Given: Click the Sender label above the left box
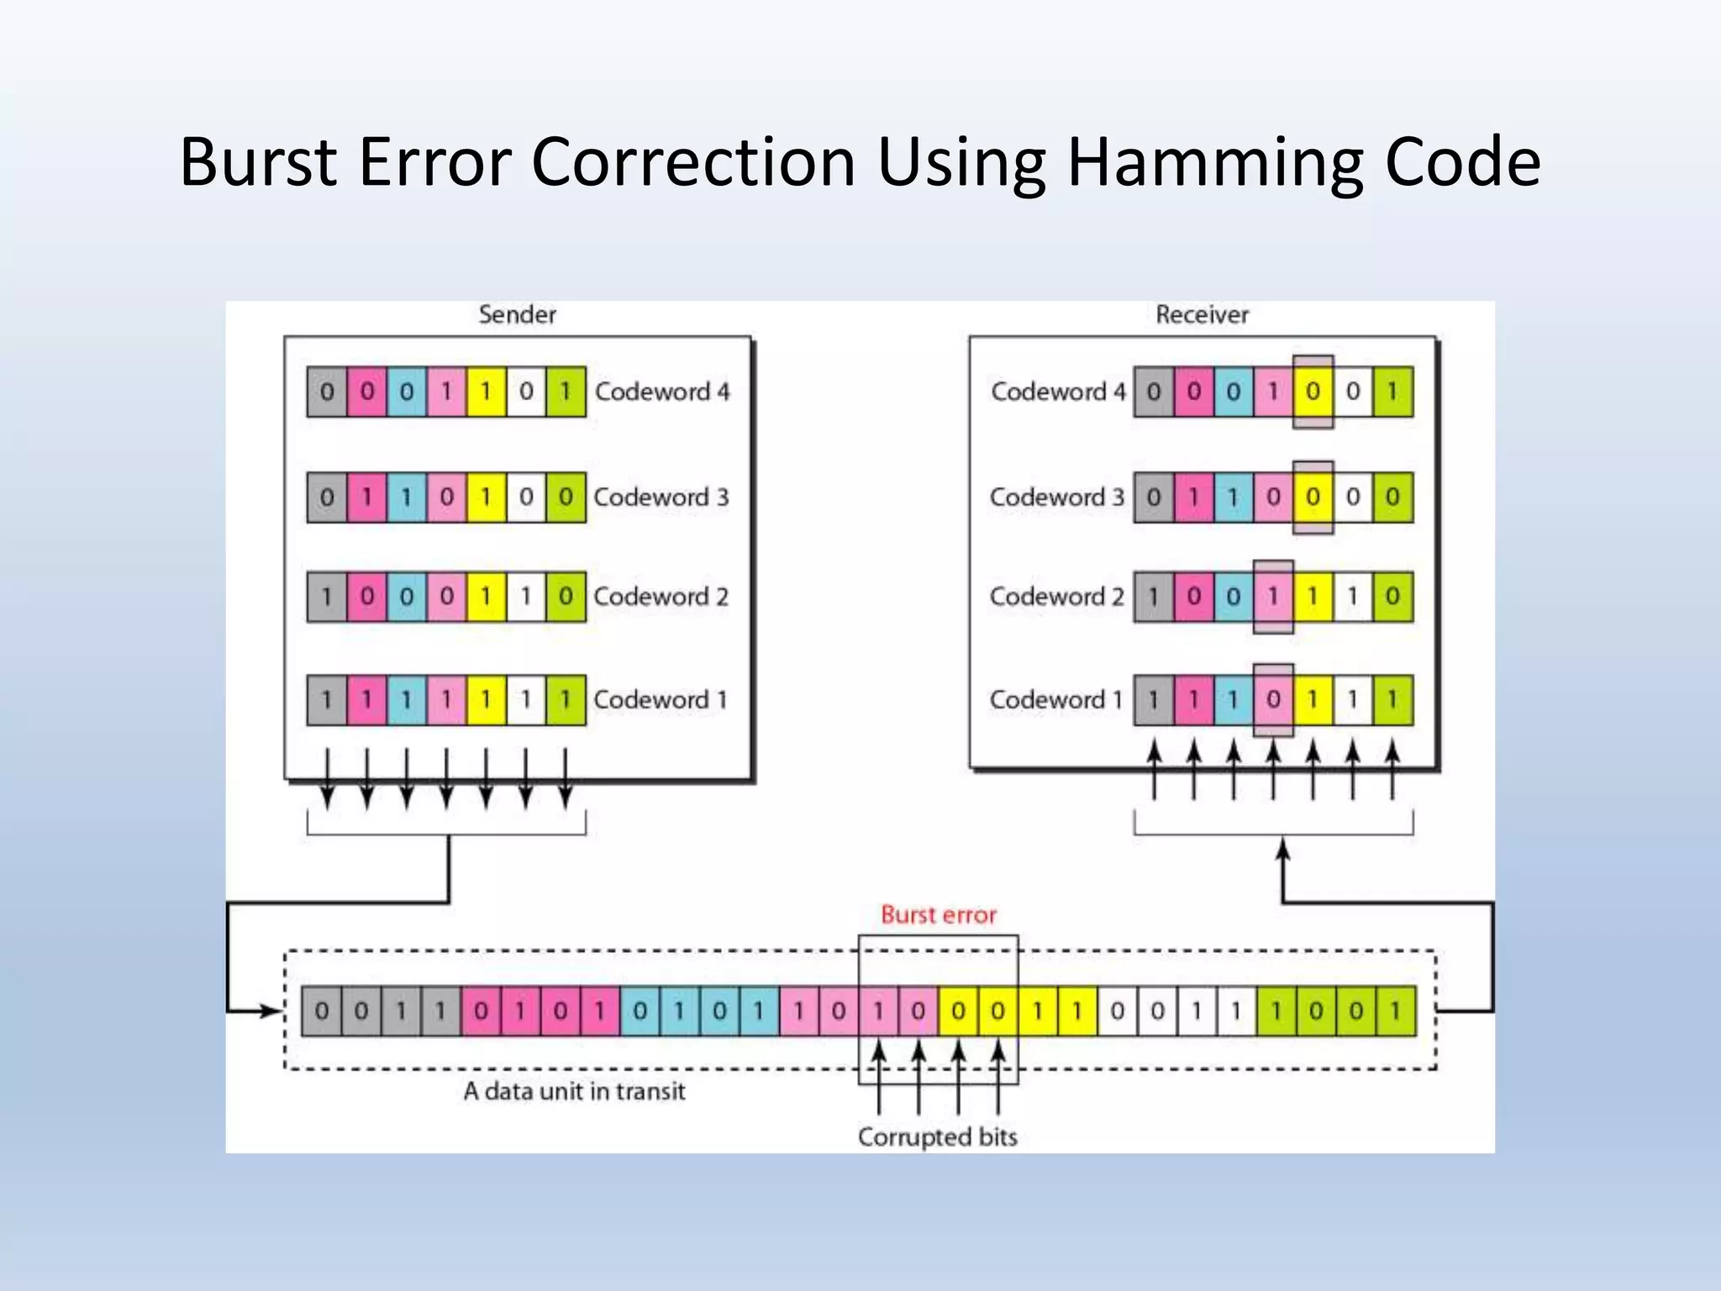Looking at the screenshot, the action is (517, 314).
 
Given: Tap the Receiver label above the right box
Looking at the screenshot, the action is (1202, 314).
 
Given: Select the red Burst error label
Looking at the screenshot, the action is (938, 914).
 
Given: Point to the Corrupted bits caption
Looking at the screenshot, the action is (937, 1137).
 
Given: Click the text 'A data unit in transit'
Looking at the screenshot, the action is (574, 1091).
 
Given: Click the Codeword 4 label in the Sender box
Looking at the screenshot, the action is (662, 392).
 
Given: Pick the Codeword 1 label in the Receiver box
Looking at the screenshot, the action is (1055, 699).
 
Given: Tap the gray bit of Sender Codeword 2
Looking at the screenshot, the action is (327, 597).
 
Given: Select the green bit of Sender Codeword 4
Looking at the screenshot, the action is (566, 392).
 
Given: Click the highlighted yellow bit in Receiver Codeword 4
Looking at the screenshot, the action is (1313, 392).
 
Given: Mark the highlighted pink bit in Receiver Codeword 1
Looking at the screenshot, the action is (1273, 699).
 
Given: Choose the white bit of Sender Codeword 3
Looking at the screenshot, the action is (526, 498).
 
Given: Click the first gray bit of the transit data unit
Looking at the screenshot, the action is (321, 1011).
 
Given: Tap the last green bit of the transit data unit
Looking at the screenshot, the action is (1396, 1011).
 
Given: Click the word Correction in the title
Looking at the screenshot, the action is (693, 161).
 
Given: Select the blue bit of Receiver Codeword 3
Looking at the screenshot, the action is (1233, 498).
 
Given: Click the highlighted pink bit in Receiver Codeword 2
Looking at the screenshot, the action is (1273, 597).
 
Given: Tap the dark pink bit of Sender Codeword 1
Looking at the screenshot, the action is (366, 699).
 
